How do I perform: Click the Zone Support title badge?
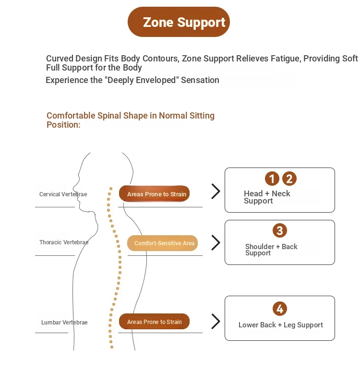(x=179, y=22)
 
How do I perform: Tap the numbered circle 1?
(x=272, y=179)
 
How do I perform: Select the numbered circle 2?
(x=289, y=179)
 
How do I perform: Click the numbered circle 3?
(x=280, y=230)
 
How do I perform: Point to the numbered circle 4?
(x=280, y=309)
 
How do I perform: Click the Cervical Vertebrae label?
(x=63, y=194)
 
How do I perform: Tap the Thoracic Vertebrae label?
(x=64, y=242)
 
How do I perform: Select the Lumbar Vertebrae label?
(x=64, y=322)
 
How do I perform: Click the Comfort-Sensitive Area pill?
(x=162, y=243)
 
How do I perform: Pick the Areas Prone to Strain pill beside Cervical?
(x=154, y=194)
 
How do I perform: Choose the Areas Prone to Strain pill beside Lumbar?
(x=154, y=321)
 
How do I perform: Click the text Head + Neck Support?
(x=267, y=197)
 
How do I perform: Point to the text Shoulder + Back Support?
(x=271, y=250)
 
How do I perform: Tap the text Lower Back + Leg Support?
(x=281, y=325)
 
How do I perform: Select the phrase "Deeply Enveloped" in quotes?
(x=142, y=80)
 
